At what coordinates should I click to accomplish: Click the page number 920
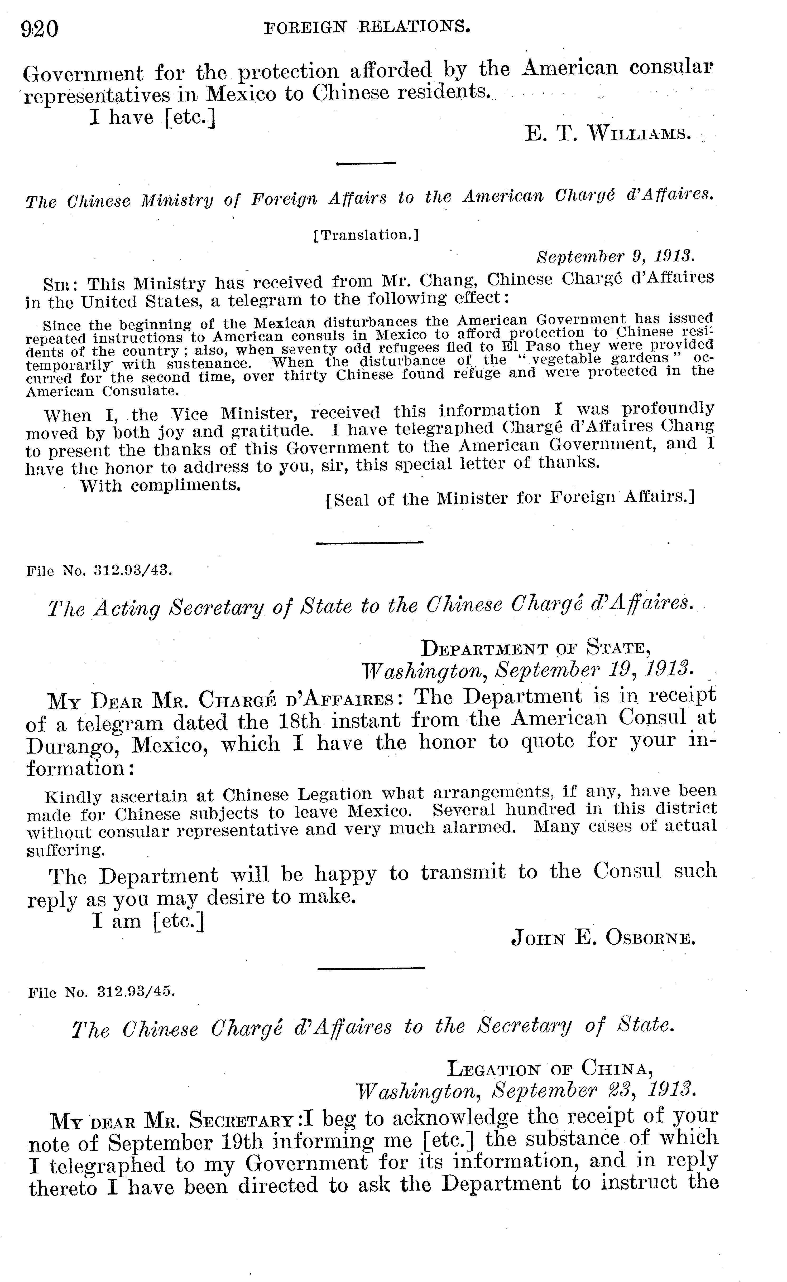pos(40,29)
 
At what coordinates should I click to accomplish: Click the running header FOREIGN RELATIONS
pos(367,27)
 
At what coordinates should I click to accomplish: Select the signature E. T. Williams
pos(608,134)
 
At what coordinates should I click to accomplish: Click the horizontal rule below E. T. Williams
pos(366,164)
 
